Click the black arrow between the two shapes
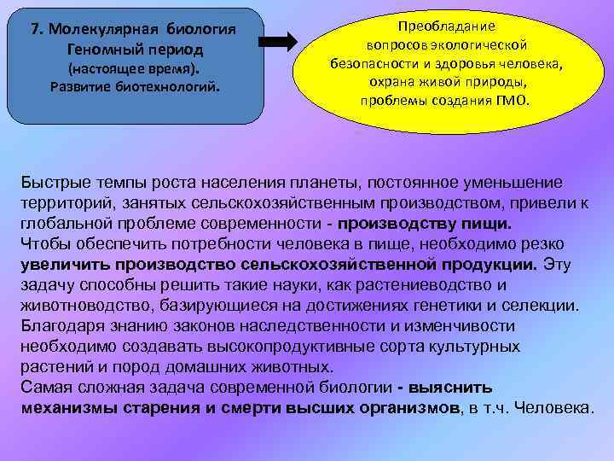tap(278, 42)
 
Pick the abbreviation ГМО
tap(511, 99)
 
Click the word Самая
tap(46, 388)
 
